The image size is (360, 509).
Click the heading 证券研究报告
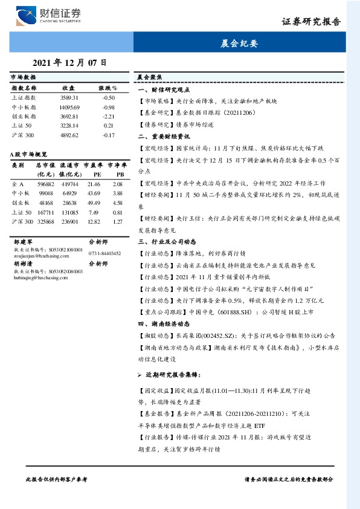(x=311, y=22)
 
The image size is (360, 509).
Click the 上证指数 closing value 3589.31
(x=69, y=97)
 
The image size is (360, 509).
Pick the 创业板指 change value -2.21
(x=109, y=115)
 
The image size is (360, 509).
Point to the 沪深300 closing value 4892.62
(x=69, y=135)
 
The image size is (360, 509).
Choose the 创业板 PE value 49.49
(x=94, y=203)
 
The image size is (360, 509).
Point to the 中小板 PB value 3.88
(x=118, y=193)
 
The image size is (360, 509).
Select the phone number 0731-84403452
(x=104, y=254)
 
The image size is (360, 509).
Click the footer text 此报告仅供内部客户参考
(x=57, y=478)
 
